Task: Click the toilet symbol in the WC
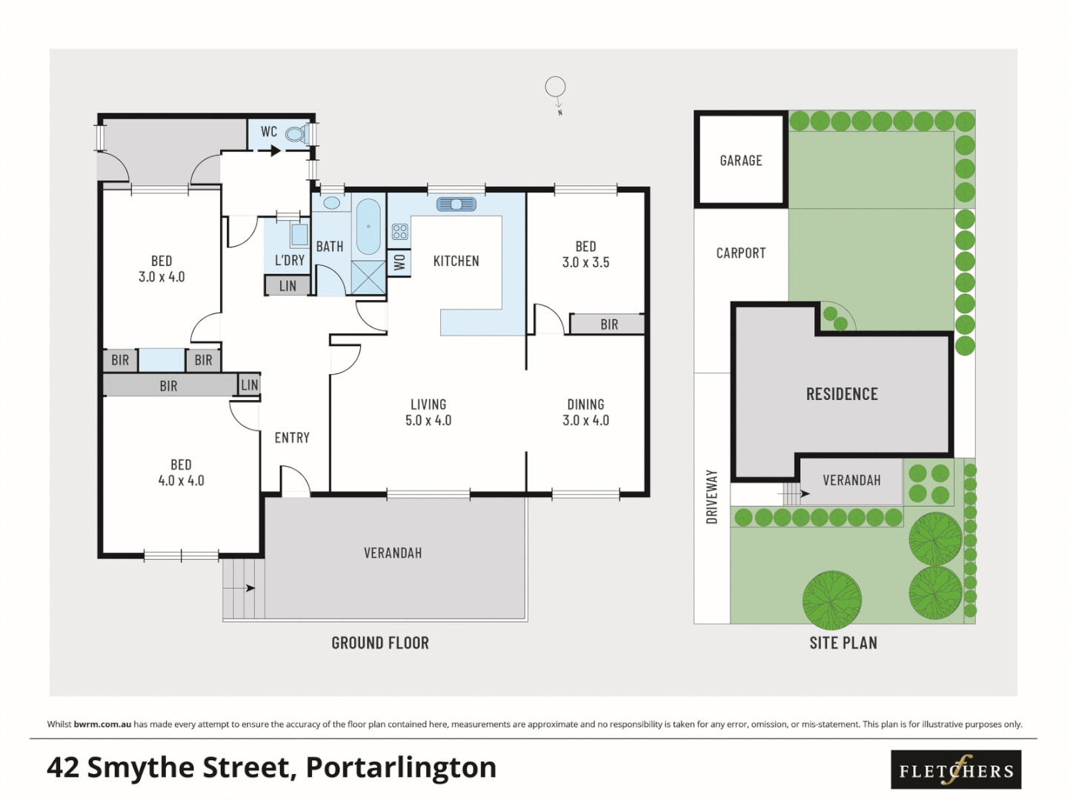(x=296, y=134)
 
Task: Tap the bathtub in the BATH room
(x=368, y=227)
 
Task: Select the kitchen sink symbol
(x=456, y=204)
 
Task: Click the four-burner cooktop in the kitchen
(x=400, y=232)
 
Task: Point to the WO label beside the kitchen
(x=399, y=262)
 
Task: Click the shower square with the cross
(x=368, y=277)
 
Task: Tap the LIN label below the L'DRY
(x=287, y=286)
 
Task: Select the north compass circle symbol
(x=555, y=87)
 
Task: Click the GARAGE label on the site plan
(x=741, y=161)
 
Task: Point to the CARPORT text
(x=741, y=253)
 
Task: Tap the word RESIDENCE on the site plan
(x=842, y=394)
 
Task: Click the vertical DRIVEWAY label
(x=712, y=496)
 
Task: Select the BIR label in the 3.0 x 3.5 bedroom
(x=609, y=324)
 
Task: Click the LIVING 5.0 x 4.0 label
(x=428, y=413)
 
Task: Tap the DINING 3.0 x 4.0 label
(x=585, y=413)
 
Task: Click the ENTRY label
(x=292, y=438)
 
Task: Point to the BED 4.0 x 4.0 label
(x=181, y=473)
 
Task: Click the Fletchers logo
(x=956, y=770)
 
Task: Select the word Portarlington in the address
(x=401, y=767)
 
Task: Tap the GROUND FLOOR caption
(x=380, y=643)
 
